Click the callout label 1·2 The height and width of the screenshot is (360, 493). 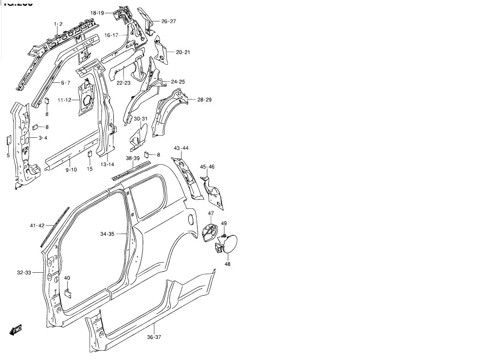[x=58, y=24]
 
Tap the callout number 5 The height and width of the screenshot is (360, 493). [x=8, y=155]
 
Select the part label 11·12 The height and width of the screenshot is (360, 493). [x=64, y=100]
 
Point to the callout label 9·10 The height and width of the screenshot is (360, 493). [x=71, y=170]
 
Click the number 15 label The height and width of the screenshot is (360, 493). [x=90, y=169]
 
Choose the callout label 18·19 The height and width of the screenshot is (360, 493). [x=97, y=13]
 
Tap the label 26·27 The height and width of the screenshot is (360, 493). [x=168, y=21]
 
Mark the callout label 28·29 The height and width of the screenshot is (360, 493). [x=204, y=99]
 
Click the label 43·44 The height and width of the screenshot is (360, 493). [x=181, y=148]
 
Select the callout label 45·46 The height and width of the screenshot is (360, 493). [x=207, y=167]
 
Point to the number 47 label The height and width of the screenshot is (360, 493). [x=211, y=213]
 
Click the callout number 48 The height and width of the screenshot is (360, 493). [x=227, y=264]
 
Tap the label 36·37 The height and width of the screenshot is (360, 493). [x=154, y=337]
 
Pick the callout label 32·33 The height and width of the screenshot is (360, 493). [x=24, y=273]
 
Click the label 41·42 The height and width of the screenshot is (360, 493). [x=37, y=226]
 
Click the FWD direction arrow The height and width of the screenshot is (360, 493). [x=16, y=330]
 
